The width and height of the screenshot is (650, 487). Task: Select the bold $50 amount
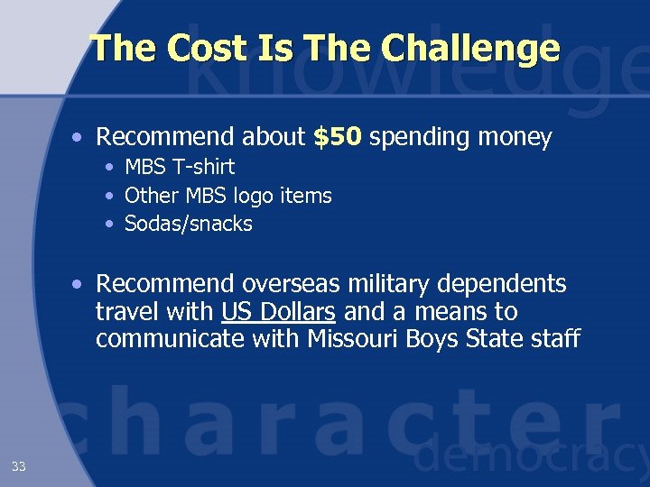338,137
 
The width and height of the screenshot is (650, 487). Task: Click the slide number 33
19,466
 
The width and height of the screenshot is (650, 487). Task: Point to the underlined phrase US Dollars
278,312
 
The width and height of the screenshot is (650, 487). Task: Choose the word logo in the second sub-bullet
255,196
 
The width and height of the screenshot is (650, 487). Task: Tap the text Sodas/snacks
189,224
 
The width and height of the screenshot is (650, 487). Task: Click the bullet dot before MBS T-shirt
109,168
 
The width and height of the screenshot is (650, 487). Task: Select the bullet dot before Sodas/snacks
109,225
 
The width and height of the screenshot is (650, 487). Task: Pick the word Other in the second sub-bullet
151,196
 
